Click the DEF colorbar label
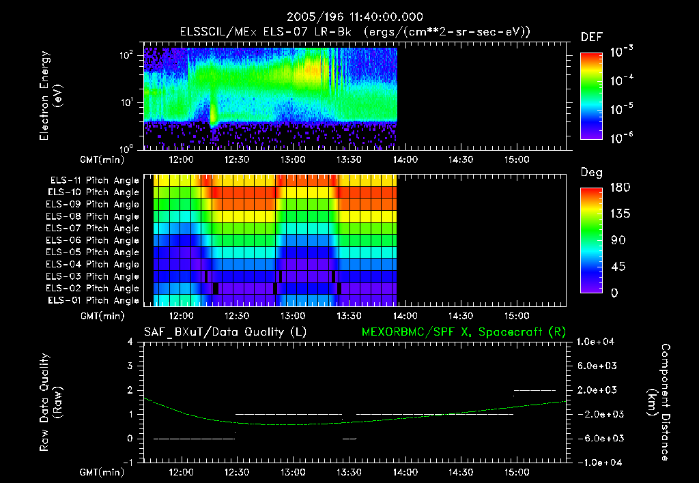coord(591,37)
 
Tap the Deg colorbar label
coord(591,173)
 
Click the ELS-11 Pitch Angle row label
coord(94,181)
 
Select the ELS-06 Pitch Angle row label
coord(94,241)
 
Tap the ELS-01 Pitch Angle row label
coord(94,301)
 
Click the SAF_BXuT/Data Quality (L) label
coord(225,332)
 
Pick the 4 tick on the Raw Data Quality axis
coord(131,342)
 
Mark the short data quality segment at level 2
coord(535,390)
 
